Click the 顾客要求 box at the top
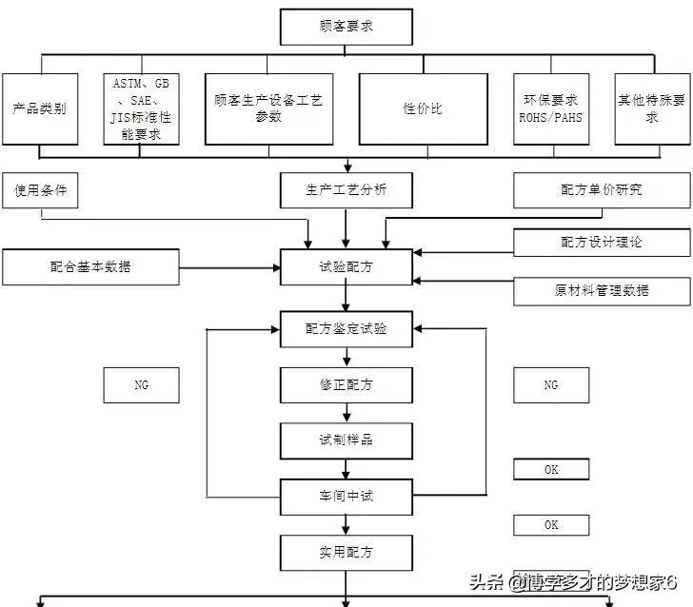click(346, 27)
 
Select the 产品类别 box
click(39, 108)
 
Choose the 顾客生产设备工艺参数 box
click(268, 108)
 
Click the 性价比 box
click(423, 108)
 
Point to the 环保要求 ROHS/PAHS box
click(550, 108)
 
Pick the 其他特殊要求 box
click(651, 108)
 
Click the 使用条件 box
click(39, 190)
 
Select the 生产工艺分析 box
click(346, 190)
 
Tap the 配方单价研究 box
click(601, 190)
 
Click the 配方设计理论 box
click(601, 243)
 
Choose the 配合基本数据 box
click(90, 266)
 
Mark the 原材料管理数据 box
click(601, 290)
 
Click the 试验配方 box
click(346, 267)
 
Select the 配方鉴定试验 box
click(346, 329)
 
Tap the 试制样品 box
click(346, 441)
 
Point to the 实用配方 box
click(346, 552)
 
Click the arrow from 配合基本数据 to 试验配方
click(228, 267)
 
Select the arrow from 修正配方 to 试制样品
click(346, 413)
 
